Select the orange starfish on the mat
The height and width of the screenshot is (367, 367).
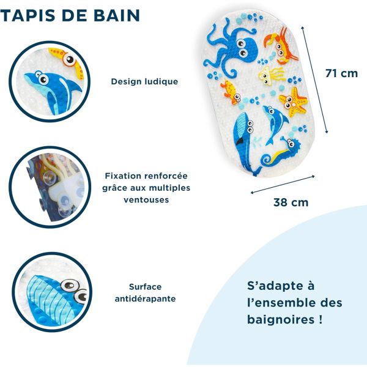[x=294, y=101]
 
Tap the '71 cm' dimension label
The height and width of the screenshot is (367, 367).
[x=341, y=73]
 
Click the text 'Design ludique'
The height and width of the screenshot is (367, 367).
[x=144, y=81]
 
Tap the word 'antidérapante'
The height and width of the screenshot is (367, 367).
[x=145, y=298]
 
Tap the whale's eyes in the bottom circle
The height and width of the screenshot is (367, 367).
[x=72, y=286]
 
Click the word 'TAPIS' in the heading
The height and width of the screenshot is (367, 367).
[x=25, y=15]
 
